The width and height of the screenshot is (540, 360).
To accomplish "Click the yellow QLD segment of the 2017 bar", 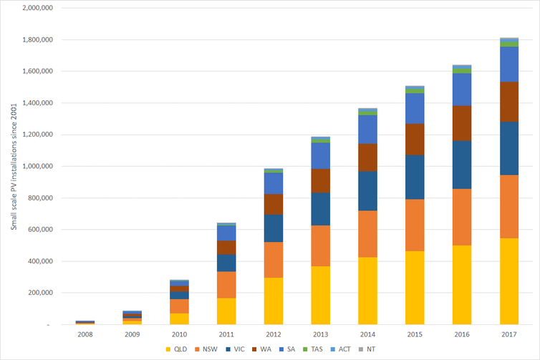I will pyautogui.click(x=508, y=281).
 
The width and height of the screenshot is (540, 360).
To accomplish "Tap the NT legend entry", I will pyautogui.click(x=375, y=349).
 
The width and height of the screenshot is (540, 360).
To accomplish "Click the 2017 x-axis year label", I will pyautogui.click(x=508, y=334).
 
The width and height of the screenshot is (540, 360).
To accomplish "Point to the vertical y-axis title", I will pyautogui.click(x=12, y=166).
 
